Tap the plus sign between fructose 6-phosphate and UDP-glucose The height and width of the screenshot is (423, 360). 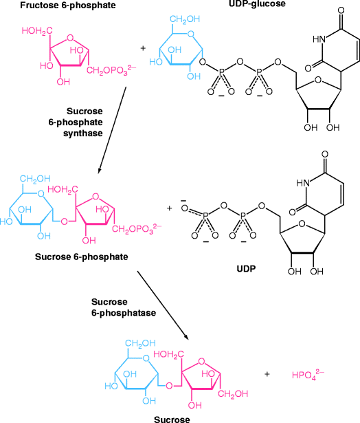pos(143,49)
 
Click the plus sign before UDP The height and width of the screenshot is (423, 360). pos(170,207)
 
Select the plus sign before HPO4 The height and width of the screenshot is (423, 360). pos(267,374)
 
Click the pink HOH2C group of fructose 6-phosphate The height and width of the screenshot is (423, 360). pos(35,31)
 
